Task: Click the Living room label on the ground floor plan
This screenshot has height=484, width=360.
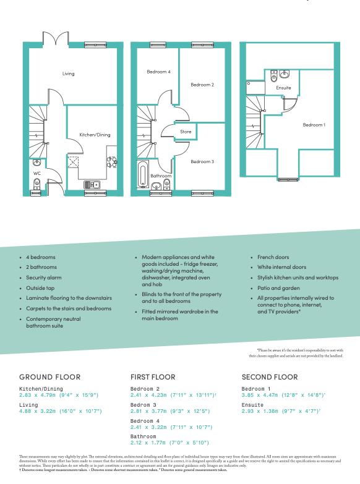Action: coord(68,74)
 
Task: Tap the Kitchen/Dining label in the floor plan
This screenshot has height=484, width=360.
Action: coord(95,135)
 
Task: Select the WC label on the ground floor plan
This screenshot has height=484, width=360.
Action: coord(36,174)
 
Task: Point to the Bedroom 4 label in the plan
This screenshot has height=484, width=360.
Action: coord(158,72)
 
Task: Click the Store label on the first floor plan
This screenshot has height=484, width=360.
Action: coord(186,132)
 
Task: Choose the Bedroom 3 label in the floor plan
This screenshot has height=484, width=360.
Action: coord(202,161)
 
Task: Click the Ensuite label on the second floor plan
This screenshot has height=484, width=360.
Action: coord(283,88)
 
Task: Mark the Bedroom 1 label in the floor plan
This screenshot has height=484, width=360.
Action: coord(314,125)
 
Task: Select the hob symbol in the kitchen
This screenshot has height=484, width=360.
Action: coord(112,161)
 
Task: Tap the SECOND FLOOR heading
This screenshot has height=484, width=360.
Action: coord(269,376)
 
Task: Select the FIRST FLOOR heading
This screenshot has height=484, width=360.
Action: coord(153,376)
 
